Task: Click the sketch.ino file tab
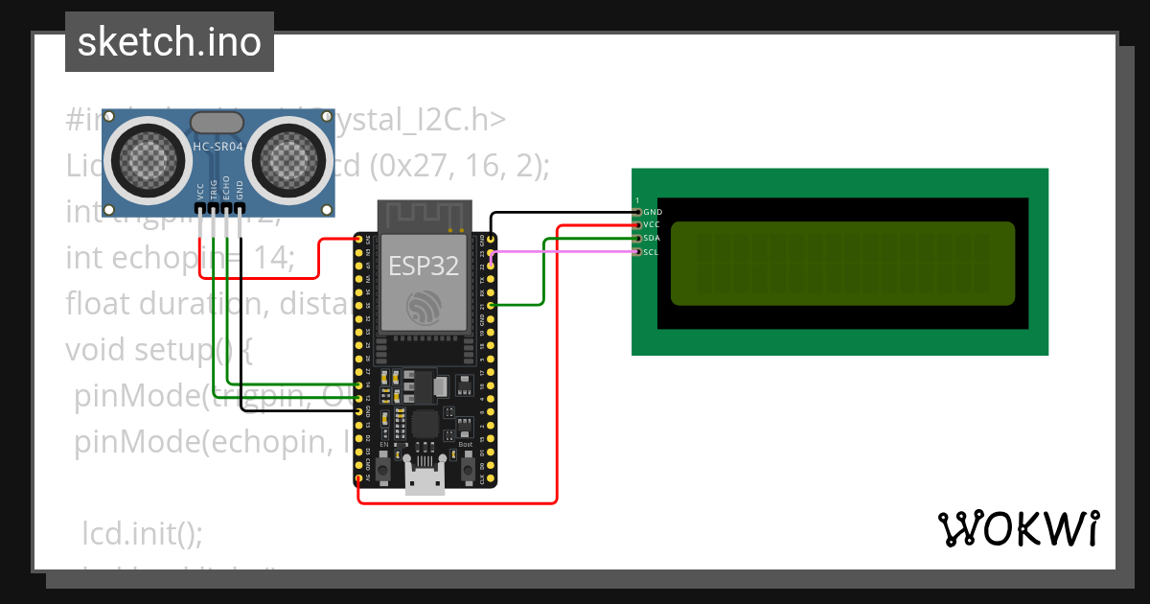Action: [170, 42]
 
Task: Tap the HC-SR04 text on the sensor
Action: [218, 147]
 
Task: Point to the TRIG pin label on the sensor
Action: [214, 189]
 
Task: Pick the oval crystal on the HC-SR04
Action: [218, 122]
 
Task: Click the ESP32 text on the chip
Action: [424, 266]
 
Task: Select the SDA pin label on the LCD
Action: [652, 238]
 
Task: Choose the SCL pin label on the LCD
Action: [652, 251]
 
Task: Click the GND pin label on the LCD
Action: [653, 212]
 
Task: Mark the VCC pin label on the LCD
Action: [652, 224]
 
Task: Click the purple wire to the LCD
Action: [565, 252]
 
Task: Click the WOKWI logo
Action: [1018, 528]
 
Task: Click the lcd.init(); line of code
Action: [143, 532]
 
